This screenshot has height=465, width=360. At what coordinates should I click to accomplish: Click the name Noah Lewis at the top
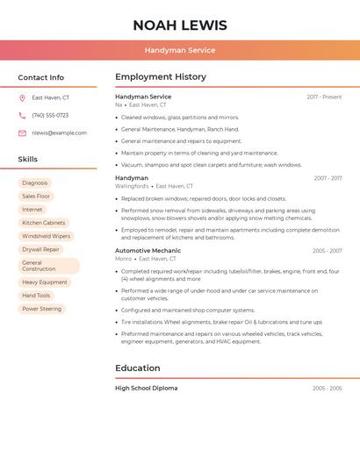(179, 25)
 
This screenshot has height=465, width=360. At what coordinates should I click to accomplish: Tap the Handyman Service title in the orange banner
(179, 50)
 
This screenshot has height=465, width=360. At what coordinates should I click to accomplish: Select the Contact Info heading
(40, 77)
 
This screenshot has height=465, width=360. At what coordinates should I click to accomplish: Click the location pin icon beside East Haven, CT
(22, 98)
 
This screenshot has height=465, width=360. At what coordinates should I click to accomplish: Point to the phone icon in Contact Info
(22, 116)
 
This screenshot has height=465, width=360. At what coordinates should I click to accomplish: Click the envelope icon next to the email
(22, 133)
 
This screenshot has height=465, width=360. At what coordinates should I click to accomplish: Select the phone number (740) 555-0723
(50, 116)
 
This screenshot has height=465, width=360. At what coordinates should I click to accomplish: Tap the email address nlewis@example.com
(59, 133)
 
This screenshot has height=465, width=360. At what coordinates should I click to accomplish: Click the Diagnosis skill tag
(35, 183)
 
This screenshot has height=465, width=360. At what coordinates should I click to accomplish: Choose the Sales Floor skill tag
(36, 197)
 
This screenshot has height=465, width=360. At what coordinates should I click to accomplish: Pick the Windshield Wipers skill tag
(46, 236)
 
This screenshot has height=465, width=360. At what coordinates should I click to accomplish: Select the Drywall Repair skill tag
(40, 249)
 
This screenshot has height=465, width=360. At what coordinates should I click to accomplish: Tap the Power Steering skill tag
(41, 309)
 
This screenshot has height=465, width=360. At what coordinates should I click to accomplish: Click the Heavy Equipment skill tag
(44, 283)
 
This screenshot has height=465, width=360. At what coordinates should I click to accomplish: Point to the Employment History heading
(161, 77)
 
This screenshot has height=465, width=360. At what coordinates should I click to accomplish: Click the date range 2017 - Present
(324, 97)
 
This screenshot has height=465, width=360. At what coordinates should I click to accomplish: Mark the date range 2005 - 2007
(327, 251)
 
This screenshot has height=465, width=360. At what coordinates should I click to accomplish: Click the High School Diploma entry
(146, 388)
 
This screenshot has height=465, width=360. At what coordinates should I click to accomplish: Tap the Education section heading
(138, 368)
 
